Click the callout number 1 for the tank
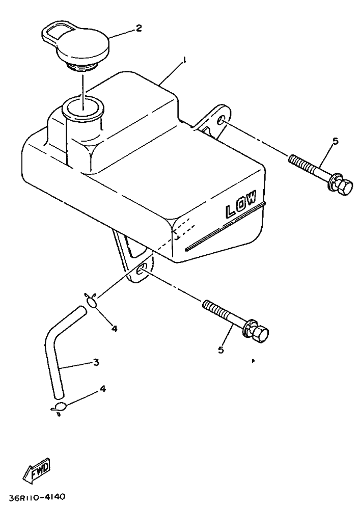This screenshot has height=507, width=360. [x=184, y=60]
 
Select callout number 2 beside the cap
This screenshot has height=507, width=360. [x=139, y=29]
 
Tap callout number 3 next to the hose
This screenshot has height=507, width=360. [x=96, y=362]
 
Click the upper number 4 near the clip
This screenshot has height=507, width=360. [x=114, y=329]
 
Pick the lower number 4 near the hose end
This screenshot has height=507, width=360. [x=102, y=389]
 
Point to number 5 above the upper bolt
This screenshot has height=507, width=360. [x=335, y=141]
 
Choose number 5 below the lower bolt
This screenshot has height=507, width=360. [x=221, y=350]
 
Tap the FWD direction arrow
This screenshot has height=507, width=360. [x=36, y=469]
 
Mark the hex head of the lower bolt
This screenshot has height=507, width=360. [x=261, y=333]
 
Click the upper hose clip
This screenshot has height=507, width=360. [x=92, y=301]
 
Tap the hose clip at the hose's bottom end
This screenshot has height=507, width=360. [x=60, y=408]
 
